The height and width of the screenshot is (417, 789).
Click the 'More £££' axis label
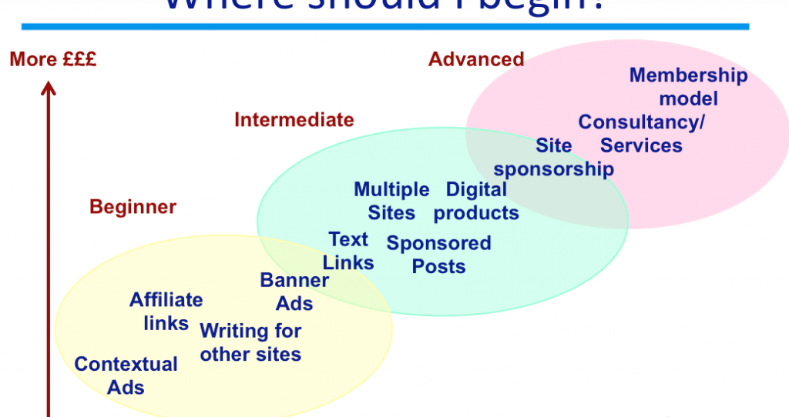53,59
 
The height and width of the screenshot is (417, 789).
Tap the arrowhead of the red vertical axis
49,92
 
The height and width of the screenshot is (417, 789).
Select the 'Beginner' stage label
133,207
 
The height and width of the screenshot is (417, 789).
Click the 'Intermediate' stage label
294,120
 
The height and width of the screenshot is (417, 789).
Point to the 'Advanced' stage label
476,59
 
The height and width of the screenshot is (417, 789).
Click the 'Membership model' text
688,87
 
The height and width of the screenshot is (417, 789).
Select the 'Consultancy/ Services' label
641,134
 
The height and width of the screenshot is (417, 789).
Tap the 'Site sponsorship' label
554,157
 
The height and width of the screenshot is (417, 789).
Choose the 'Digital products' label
476,201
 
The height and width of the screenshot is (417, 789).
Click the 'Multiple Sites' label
391,201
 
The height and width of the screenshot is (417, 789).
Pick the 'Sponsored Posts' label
438,255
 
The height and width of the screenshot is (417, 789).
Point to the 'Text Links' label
348,251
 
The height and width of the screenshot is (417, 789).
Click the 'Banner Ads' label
294,292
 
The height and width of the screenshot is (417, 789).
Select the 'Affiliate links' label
166,311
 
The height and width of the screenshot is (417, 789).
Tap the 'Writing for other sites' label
250,342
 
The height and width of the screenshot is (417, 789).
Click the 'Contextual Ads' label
126,375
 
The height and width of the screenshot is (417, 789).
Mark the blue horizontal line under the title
385,27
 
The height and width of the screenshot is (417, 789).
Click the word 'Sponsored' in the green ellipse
438,244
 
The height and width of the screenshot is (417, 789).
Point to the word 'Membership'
688,75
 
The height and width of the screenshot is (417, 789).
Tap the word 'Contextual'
126,364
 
